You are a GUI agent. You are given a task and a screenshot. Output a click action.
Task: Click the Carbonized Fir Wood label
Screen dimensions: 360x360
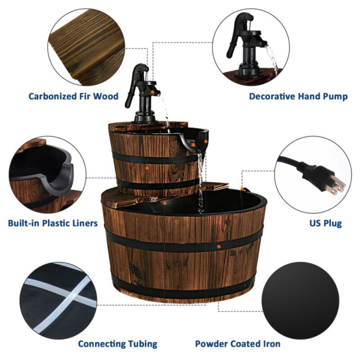(x=73, y=96)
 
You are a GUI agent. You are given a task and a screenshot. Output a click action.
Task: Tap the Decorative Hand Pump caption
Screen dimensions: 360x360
(x=298, y=96)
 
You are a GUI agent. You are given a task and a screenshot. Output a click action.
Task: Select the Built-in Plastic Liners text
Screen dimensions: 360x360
(x=53, y=223)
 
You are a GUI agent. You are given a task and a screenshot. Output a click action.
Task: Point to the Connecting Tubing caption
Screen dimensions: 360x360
(x=117, y=343)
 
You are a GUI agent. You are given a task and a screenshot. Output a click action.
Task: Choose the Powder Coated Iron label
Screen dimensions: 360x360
(x=238, y=343)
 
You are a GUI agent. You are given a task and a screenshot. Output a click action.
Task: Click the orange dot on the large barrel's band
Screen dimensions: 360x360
(x=218, y=247)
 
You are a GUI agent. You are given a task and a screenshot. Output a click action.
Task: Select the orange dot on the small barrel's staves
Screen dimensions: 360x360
(x=147, y=167)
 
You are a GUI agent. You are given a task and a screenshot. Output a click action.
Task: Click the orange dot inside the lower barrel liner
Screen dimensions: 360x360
(x=165, y=203)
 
